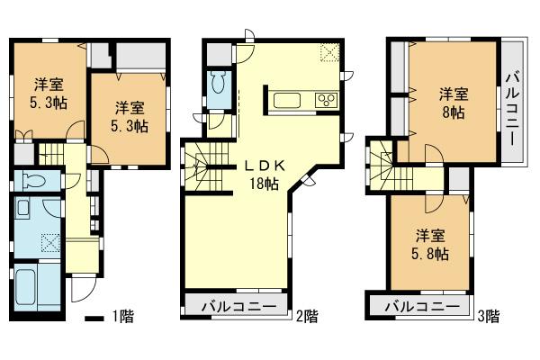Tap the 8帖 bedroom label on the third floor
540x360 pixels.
pos(453,103)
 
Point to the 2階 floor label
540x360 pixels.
pos(306,316)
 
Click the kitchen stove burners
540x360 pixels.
pos(325,100)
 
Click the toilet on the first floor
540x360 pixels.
pos(33,177)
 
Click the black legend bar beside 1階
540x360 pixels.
pos(94,317)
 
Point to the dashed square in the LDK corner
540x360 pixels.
pos(330,54)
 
